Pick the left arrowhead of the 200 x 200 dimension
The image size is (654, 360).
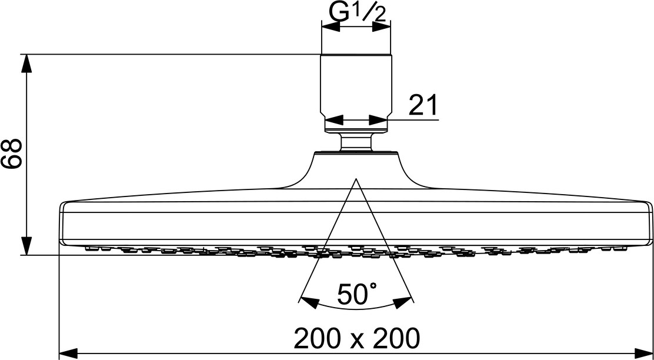[68, 354]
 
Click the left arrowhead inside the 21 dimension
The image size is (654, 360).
[333, 121]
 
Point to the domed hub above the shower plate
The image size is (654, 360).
[356, 168]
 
